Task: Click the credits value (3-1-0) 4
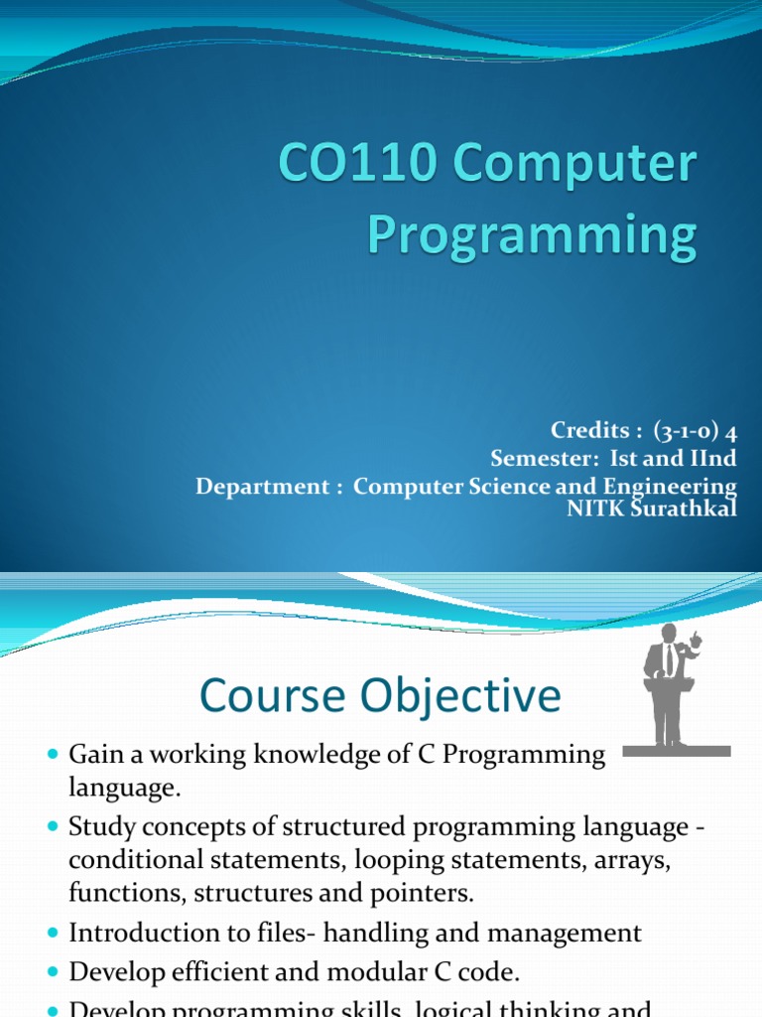696,431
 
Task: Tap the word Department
262,487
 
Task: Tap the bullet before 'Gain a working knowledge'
54,756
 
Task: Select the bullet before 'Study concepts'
54,827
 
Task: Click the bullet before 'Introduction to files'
54,934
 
